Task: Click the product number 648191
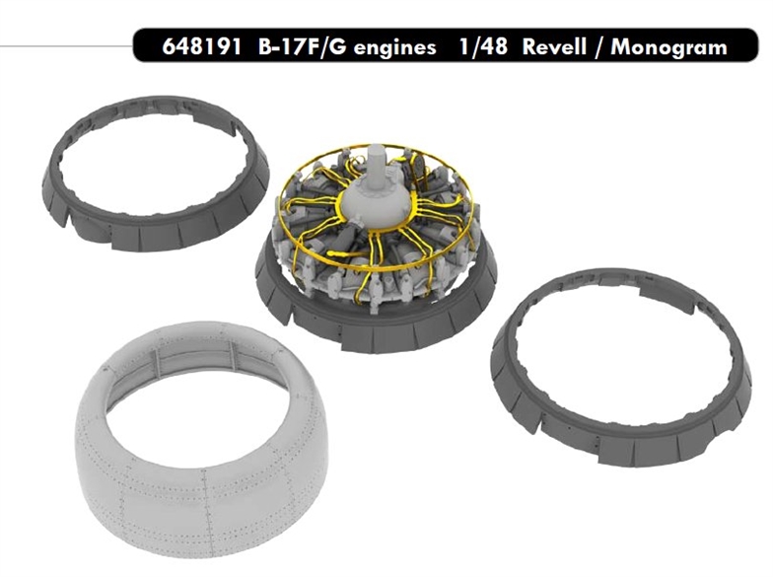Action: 201,47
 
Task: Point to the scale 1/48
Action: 483,47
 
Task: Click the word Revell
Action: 554,47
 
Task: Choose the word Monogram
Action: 668,48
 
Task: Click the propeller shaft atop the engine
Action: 375,162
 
